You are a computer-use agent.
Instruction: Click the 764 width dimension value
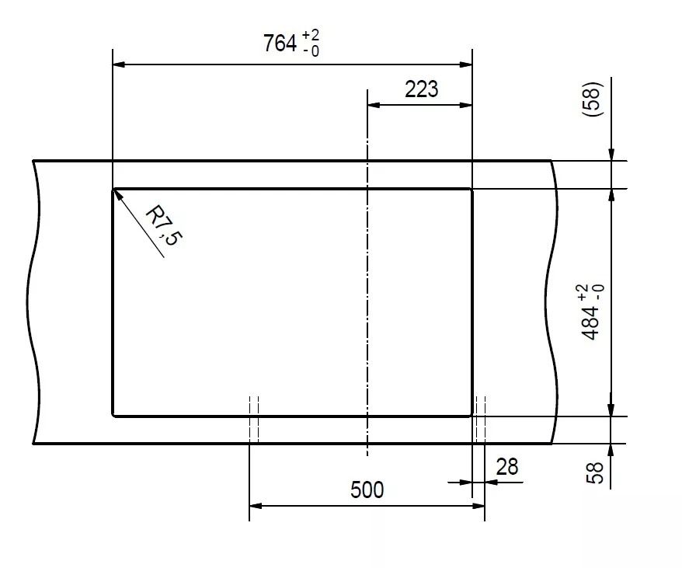280,43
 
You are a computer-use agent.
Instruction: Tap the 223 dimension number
422,89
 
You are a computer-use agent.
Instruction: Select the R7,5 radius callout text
165,225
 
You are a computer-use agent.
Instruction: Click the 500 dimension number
367,490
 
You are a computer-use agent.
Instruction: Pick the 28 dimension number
507,466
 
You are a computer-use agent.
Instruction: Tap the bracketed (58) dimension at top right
593,99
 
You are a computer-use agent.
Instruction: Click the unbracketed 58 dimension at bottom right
595,472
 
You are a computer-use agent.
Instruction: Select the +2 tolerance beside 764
311,35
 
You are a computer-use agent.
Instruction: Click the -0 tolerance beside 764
311,51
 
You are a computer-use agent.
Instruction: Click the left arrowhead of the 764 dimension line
119,64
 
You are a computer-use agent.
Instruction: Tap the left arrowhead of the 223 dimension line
374,105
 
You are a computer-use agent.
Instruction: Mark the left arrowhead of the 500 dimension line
256,506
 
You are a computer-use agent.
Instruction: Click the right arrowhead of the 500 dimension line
478,506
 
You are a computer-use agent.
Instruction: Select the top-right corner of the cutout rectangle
472,189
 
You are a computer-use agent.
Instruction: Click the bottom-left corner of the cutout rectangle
113,416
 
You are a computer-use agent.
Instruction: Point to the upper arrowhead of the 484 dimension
611,196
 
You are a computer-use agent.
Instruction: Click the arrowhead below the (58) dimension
611,155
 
